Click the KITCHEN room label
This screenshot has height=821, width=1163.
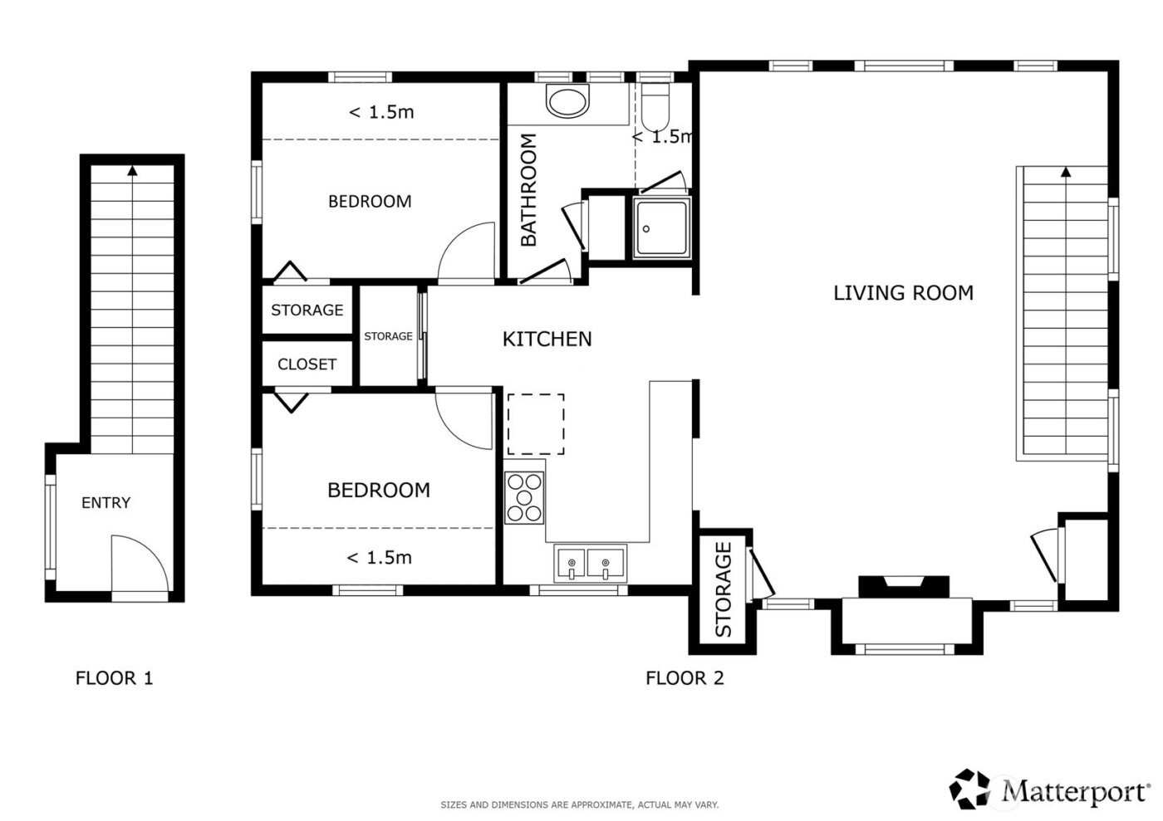(x=547, y=339)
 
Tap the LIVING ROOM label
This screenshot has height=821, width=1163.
(x=903, y=293)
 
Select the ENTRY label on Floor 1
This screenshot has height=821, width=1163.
(x=106, y=502)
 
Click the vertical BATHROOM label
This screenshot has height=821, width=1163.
(x=529, y=190)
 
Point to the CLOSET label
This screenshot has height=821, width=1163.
(x=307, y=364)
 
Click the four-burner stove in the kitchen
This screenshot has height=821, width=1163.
(x=524, y=497)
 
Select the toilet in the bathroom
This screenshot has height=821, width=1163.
(x=655, y=104)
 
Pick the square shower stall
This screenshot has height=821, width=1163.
(x=660, y=228)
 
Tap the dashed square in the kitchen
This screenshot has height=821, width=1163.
(x=536, y=424)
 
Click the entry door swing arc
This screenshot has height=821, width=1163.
(x=140, y=563)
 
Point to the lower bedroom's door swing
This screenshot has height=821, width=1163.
(x=464, y=419)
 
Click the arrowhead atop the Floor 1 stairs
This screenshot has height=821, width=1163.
(x=132, y=171)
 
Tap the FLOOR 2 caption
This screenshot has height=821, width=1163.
(x=685, y=678)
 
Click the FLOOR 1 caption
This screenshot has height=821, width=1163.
(x=114, y=678)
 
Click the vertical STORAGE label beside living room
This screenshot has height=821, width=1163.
(x=723, y=589)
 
